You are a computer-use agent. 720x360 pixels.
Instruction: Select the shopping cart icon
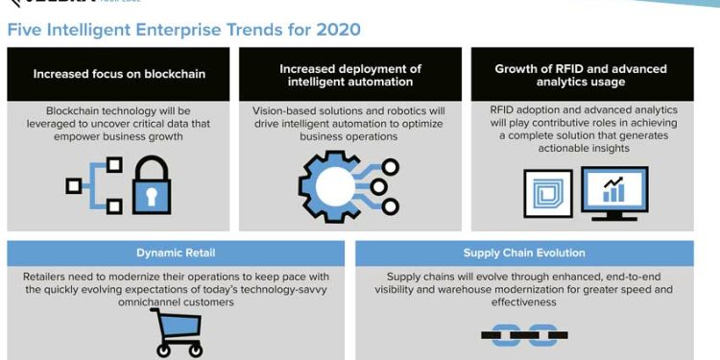[175, 332]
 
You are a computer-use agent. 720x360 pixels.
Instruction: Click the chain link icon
[523, 334]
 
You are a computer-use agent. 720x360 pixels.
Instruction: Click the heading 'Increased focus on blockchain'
[119, 74]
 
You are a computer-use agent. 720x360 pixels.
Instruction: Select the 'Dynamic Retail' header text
[175, 253]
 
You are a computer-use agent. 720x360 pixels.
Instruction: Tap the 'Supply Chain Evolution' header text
[523, 253]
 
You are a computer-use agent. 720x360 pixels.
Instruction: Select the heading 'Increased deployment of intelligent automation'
[350, 75]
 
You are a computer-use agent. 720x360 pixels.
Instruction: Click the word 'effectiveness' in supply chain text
[523, 301]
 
